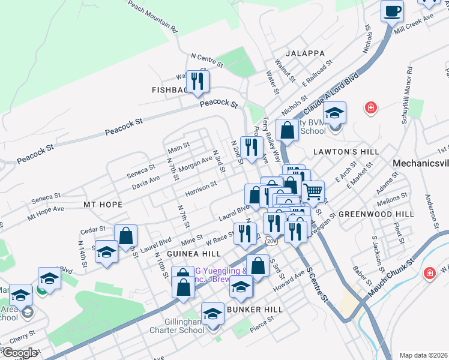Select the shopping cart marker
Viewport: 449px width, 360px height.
coord(313,192)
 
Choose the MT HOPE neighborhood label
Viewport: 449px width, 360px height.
coord(103,205)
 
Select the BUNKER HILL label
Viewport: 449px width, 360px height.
coord(255,309)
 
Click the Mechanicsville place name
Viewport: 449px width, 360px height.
coord(420,163)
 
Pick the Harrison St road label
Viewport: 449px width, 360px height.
coord(200,187)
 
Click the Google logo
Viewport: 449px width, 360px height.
coord(20,353)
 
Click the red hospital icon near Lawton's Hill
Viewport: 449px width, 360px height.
coord(371,108)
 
